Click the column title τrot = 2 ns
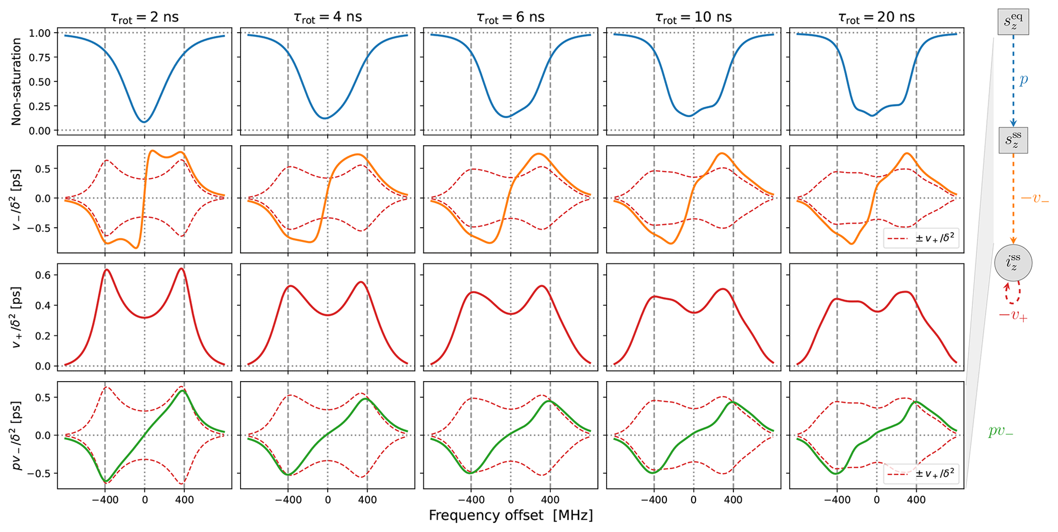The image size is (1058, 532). click(144, 17)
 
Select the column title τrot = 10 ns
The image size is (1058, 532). click(693, 17)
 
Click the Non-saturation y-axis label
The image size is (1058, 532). click(16, 82)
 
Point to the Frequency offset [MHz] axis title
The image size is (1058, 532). click(510, 515)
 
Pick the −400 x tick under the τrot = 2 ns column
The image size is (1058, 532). click(104, 500)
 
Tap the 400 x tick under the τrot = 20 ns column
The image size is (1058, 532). click(916, 500)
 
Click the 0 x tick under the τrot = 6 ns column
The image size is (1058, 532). click(510, 500)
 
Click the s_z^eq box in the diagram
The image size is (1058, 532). click(1013, 21)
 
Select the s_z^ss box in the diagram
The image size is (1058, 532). click(1013, 140)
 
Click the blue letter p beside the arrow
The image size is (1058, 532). click(1023, 80)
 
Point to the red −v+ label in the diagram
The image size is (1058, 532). click(1013, 316)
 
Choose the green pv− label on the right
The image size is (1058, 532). click(1000, 431)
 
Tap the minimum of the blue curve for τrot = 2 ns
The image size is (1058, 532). click(144, 122)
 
